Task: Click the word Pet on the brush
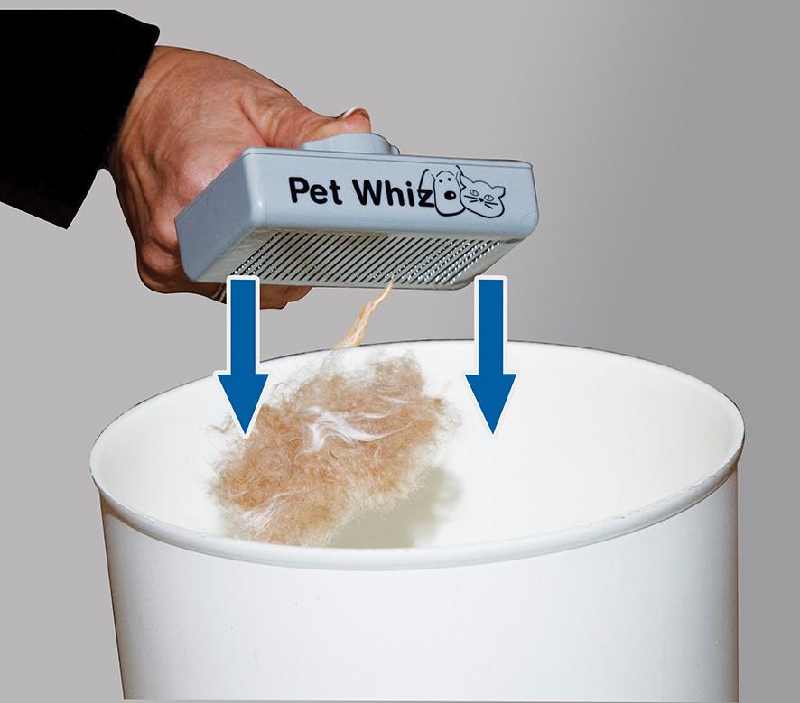coord(315,190)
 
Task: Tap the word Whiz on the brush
coord(395,192)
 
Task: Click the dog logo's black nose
coord(450,195)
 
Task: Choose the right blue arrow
coord(491,356)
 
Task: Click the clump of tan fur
coord(331,449)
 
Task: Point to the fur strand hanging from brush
coord(367,316)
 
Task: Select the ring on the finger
coord(219,292)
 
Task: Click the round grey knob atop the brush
coord(352,143)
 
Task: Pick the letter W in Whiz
coord(369,190)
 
